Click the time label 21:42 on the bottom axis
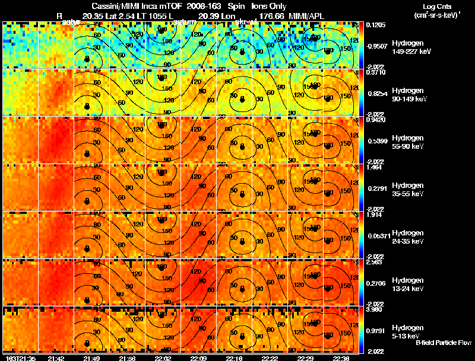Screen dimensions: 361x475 pos(56,358)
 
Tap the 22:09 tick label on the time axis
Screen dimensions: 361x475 pos(199,358)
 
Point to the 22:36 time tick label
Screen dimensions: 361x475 pos(342,358)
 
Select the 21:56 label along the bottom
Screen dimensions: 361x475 pos(127,358)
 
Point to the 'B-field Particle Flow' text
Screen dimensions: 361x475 pos(444,343)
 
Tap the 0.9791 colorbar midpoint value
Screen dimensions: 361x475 pos(374,331)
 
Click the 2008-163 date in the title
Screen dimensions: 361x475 pos(195,6)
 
